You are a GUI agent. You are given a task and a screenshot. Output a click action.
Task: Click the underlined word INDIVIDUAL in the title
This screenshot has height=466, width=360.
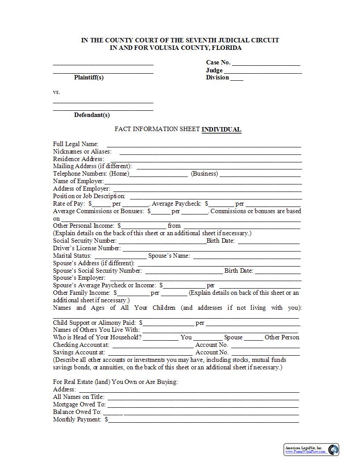point(221,129)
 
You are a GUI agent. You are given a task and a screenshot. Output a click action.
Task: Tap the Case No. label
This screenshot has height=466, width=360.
point(218,62)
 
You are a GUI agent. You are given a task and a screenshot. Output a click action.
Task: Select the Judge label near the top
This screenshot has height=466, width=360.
point(214,70)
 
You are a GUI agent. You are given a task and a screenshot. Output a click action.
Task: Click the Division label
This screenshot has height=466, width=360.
point(217,77)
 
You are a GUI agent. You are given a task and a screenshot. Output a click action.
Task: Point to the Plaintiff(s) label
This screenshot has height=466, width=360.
point(89,77)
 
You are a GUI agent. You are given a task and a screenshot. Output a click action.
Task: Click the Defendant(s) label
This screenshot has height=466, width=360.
point(92,115)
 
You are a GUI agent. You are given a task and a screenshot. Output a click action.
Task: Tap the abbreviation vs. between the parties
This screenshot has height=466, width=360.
point(56,92)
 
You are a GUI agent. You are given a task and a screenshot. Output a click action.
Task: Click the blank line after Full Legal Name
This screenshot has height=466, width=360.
point(204,145)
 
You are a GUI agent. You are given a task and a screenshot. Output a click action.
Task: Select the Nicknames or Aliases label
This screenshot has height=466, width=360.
point(82,151)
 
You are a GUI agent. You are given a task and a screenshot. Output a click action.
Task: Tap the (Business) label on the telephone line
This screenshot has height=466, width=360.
point(204,173)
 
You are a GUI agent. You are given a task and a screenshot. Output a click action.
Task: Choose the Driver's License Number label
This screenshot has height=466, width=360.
point(86,248)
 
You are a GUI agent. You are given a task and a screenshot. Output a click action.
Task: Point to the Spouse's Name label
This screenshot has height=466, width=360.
point(169,256)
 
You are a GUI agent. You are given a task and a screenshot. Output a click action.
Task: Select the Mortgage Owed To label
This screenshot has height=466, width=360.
point(79,404)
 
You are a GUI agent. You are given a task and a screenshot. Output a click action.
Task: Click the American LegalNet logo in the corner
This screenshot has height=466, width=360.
point(334,449)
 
